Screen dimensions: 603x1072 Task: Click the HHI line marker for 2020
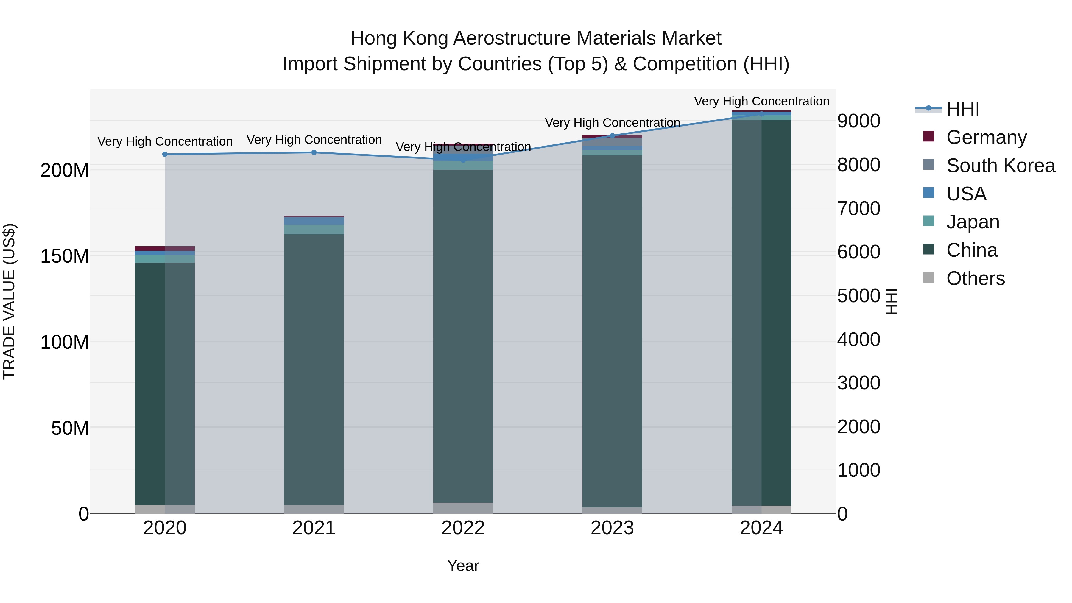(x=165, y=154)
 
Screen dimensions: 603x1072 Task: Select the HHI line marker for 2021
(x=314, y=152)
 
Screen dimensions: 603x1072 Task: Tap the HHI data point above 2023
(x=612, y=136)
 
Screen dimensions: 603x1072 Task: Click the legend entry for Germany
(x=986, y=137)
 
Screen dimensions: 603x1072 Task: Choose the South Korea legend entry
(x=1001, y=166)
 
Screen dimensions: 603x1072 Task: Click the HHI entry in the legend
(x=962, y=109)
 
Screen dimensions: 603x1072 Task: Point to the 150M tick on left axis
(x=65, y=256)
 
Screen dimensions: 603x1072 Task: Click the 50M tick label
(x=70, y=428)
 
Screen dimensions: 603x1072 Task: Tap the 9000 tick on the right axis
(x=858, y=121)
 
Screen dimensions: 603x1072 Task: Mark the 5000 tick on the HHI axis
(x=858, y=296)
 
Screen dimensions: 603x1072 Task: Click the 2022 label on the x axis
(x=463, y=528)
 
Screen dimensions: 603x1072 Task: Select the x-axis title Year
(x=463, y=565)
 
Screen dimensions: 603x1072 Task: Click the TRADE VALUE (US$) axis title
(x=9, y=301)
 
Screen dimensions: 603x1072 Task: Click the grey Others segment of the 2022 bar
(x=463, y=508)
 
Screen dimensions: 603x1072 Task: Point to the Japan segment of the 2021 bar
(x=314, y=229)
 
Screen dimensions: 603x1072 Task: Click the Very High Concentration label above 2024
(x=761, y=101)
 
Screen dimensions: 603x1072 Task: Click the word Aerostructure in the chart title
(x=512, y=38)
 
